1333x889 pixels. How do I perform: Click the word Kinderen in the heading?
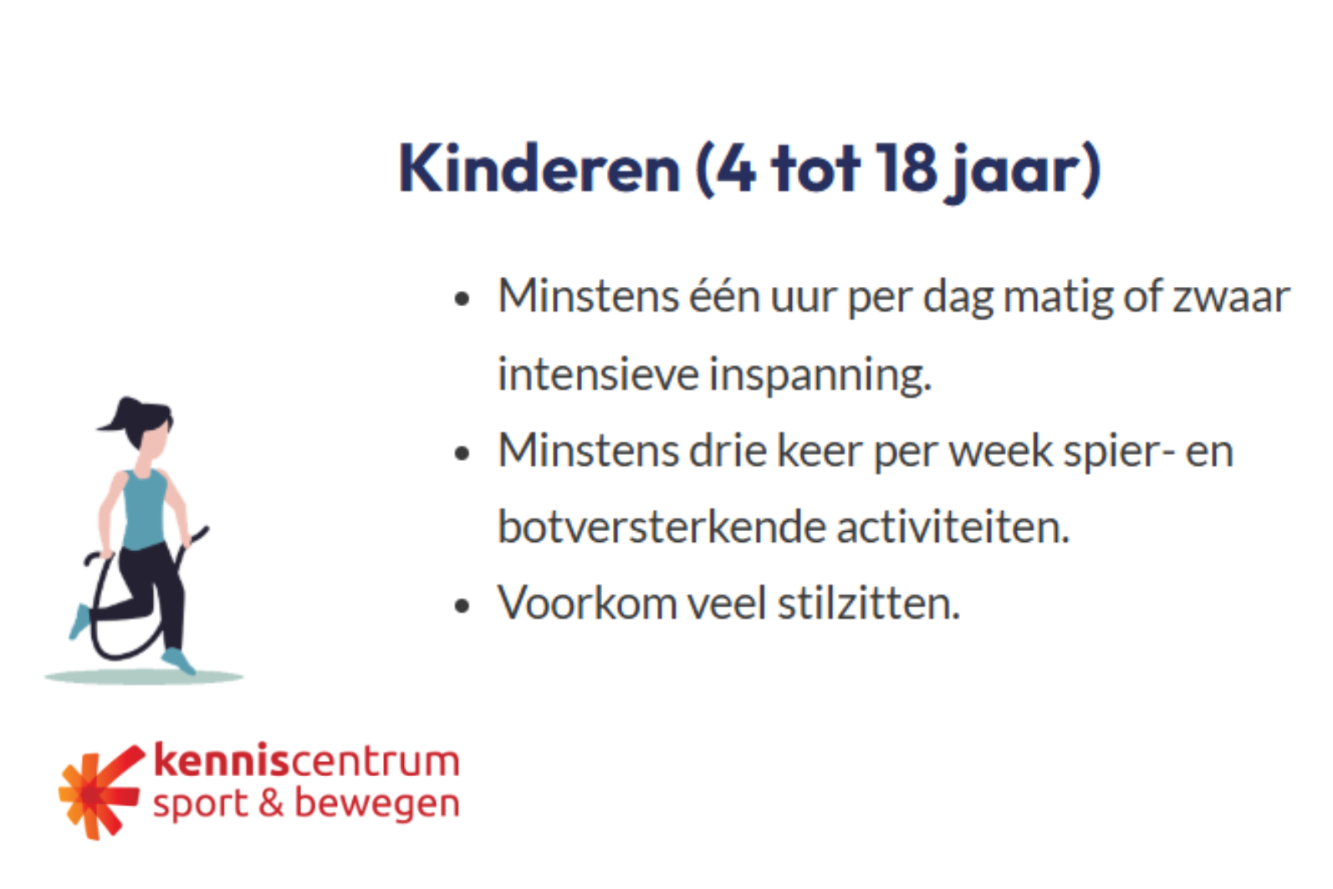pyautogui.click(x=539, y=169)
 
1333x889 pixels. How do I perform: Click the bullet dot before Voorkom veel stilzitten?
pyautogui.click(x=462, y=606)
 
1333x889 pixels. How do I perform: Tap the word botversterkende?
pyautogui.click(x=661, y=527)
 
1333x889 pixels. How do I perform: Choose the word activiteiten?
pyautogui.click(x=953, y=527)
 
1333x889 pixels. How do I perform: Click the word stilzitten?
pyautogui.click(x=869, y=603)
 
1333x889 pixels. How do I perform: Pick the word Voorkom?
pyautogui.click(x=587, y=603)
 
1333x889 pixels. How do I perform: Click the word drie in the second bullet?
pyautogui.click(x=728, y=451)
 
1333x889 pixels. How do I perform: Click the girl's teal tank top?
pyautogui.click(x=145, y=509)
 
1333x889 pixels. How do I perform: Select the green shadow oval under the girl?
pyautogui.click(x=144, y=677)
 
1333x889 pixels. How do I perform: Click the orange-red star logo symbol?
pyautogui.click(x=100, y=792)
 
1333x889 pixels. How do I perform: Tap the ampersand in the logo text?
pyautogui.click(x=271, y=803)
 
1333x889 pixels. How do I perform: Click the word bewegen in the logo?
pyautogui.click(x=377, y=805)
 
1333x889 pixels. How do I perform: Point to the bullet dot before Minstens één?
pyautogui.click(x=462, y=299)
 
